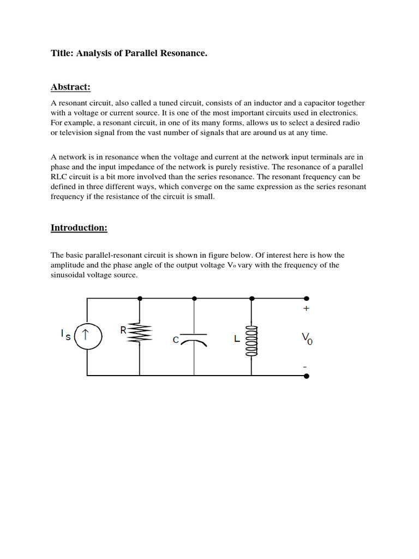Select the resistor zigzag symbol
pyautogui.click(x=140, y=335)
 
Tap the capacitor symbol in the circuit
pyautogui.click(x=194, y=338)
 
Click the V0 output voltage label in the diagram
pyautogui.click(x=307, y=339)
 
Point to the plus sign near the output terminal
pyautogui.click(x=306, y=308)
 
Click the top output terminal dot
pyautogui.click(x=307, y=299)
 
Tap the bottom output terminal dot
pyautogui.click(x=307, y=376)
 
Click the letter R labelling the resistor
pyautogui.click(x=123, y=330)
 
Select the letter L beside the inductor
pyautogui.click(x=236, y=339)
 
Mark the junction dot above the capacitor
pyautogui.click(x=195, y=299)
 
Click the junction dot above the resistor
pyautogui.click(x=140, y=299)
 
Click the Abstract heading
pyautogui.click(x=70, y=87)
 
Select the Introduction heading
pyautogui.click(x=79, y=228)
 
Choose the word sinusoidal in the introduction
pyautogui.click(x=70, y=276)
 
